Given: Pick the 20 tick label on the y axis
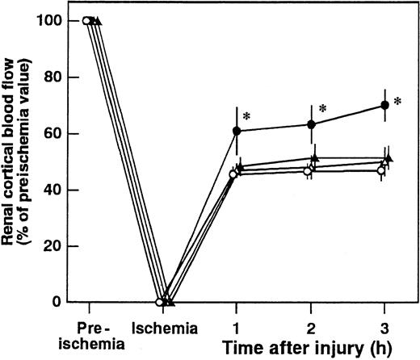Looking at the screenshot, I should click(x=55, y=246).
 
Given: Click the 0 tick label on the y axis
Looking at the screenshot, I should click(x=60, y=302).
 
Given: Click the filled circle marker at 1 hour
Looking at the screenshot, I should click(x=236, y=131).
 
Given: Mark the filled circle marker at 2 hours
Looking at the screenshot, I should click(x=310, y=124).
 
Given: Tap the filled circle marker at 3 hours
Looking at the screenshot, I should click(x=384, y=105).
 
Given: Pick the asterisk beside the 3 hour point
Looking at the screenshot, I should click(x=397, y=102).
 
